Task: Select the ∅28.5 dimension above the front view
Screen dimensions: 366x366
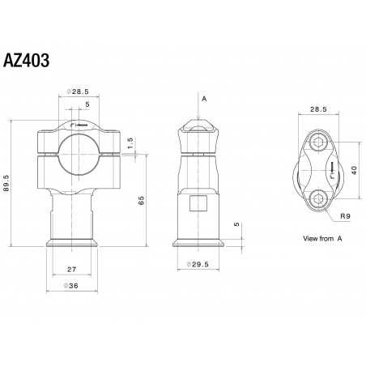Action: pos(79,93)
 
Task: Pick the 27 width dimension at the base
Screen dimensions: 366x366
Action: pos(70,269)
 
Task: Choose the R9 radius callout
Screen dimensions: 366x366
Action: pos(344,216)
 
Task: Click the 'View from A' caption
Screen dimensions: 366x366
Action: pos(321,240)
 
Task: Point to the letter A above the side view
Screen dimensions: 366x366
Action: pos(204,99)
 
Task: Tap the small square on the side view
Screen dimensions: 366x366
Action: pos(197,202)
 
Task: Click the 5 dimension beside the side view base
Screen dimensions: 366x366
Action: pos(236,223)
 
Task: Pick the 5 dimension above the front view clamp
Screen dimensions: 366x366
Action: pos(87,104)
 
